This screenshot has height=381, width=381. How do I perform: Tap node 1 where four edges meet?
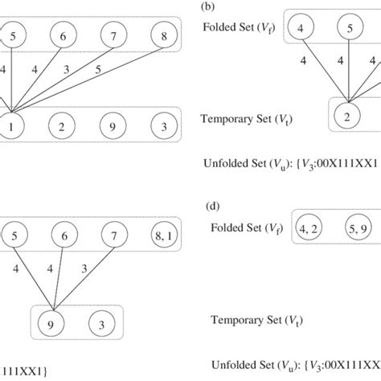coord(10,126)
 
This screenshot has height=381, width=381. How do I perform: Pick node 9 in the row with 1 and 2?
coord(112,126)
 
